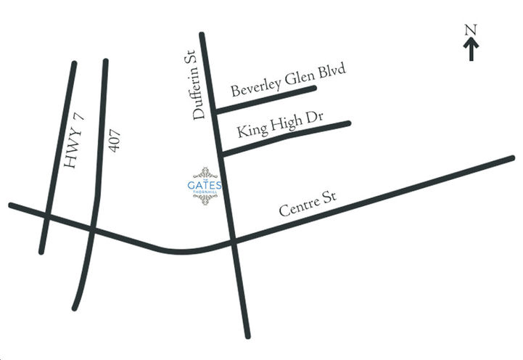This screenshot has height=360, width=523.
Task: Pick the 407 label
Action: (x=114, y=140)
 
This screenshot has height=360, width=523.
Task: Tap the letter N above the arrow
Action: (x=471, y=30)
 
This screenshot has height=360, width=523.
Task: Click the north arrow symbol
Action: (x=471, y=49)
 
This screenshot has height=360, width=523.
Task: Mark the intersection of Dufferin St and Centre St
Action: (x=232, y=241)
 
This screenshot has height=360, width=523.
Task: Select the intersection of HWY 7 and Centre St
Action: (x=46, y=216)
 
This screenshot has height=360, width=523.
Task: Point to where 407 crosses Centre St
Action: (x=92, y=229)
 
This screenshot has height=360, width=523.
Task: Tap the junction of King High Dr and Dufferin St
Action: (x=221, y=153)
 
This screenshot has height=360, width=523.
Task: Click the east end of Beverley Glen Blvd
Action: (x=315, y=89)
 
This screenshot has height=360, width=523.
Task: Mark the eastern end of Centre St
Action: (x=512, y=157)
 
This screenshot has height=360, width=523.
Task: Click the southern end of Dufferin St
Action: (x=247, y=336)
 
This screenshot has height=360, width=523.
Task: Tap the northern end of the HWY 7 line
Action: (x=74, y=63)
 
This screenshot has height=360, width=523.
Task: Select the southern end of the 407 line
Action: (x=74, y=308)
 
